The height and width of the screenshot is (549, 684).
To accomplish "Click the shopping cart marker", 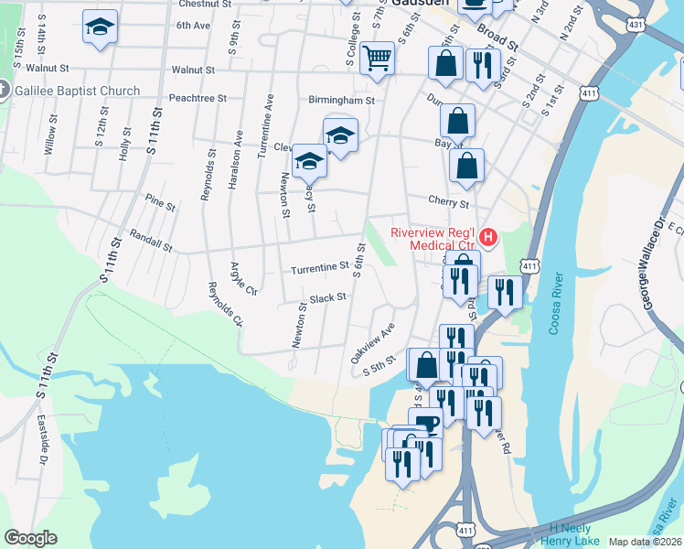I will [377, 59].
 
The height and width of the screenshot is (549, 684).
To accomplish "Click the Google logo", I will [30, 538].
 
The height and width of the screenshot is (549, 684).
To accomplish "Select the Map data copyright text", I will [645, 542].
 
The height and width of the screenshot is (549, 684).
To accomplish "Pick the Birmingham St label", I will [345, 101].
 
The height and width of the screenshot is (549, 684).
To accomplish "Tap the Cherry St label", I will [448, 201].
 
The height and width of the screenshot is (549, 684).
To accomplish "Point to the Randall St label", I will [151, 241].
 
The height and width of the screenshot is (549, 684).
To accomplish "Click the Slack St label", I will [327, 298].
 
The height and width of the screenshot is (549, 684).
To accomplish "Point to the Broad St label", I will [497, 43].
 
